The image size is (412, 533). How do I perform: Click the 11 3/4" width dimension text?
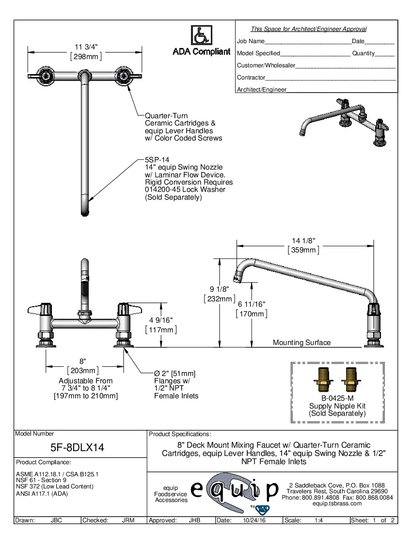[86, 47]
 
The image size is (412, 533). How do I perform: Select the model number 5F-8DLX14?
[78, 448]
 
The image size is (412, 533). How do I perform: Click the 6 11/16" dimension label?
[251, 304]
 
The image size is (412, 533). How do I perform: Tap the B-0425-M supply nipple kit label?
[337, 398]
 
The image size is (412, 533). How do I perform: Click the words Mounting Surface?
[301, 343]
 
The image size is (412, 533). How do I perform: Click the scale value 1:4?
[319, 520]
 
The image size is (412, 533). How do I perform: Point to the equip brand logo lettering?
[235, 489]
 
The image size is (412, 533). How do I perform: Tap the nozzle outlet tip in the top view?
[84, 211]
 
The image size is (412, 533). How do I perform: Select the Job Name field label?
[251, 41]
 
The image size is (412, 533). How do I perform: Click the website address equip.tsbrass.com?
[337, 503]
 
